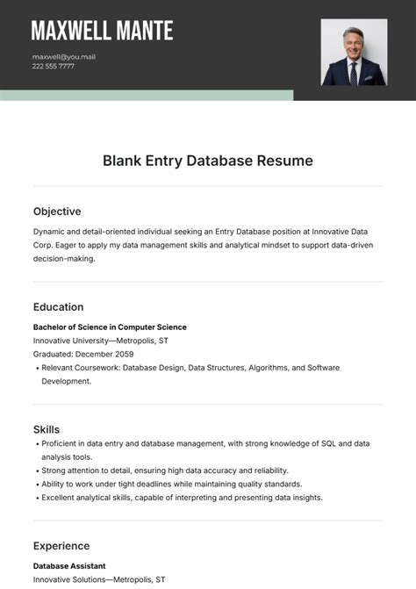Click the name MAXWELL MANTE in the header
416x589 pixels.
pyautogui.click(x=102, y=31)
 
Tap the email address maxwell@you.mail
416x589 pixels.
pyautogui.click(x=64, y=56)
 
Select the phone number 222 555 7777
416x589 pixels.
pyautogui.click(x=54, y=66)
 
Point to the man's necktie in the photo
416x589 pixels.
pyautogui.click(x=354, y=69)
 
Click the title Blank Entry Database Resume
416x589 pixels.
pyautogui.click(x=208, y=161)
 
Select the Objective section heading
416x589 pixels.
pyautogui.click(x=57, y=212)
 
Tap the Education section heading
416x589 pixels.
pyautogui.click(x=59, y=307)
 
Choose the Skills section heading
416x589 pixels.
pyautogui.click(x=47, y=429)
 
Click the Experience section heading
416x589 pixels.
pyautogui.click(x=61, y=545)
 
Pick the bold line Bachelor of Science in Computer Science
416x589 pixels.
pyautogui.click(x=110, y=327)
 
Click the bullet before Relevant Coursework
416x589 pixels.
pyautogui.click(x=36, y=368)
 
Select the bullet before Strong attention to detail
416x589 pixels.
pyautogui.click(x=36, y=470)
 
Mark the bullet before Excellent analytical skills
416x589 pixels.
pyautogui.click(x=36, y=498)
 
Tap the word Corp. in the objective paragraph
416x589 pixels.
pyautogui.click(x=46, y=246)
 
